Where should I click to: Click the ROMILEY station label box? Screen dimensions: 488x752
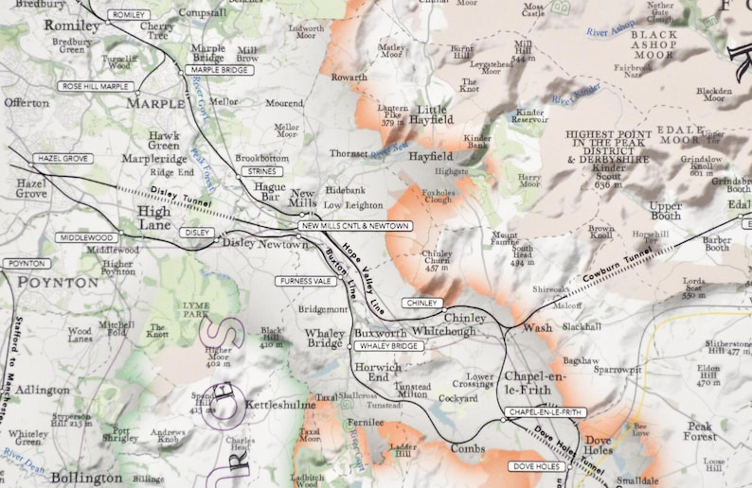[130, 15]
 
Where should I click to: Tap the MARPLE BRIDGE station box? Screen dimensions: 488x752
[219, 70]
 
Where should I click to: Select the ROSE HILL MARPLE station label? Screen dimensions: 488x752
[95, 86]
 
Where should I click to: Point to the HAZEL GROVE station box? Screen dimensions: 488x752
[63, 159]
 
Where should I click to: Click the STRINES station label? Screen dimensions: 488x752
[259, 171]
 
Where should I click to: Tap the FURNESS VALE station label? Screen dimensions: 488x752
[306, 281]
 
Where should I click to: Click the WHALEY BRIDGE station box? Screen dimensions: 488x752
[388, 346]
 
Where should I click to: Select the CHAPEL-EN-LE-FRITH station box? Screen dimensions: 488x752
[546, 412]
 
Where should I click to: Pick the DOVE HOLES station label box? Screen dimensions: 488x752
[536, 466]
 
